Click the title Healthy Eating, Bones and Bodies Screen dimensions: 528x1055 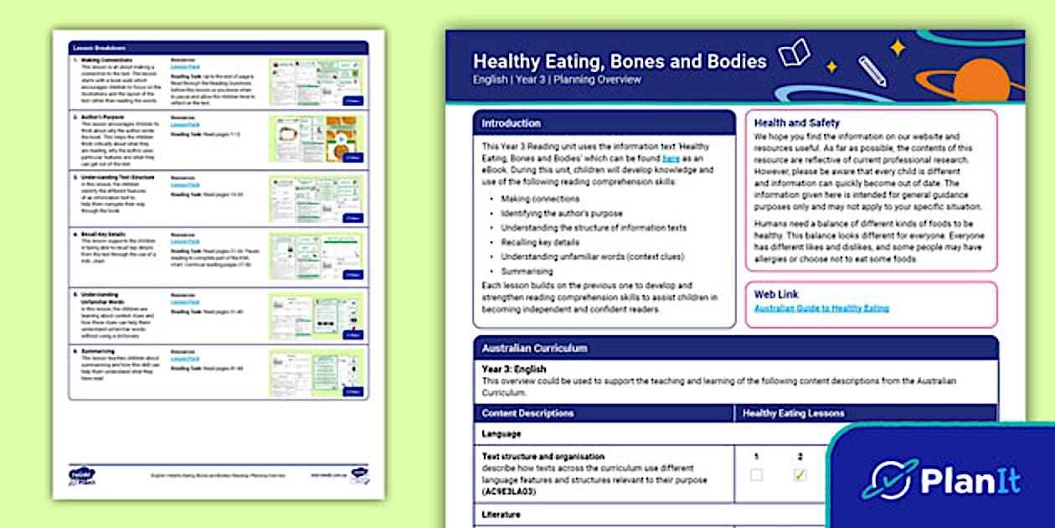click(x=619, y=61)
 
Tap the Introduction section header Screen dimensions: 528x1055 click(x=511, y=123)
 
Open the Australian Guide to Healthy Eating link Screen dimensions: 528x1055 click(x=821, y=308)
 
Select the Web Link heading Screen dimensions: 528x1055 click(x=775, y=294)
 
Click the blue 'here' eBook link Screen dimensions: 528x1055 click(x=670, y=158)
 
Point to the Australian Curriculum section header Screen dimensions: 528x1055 click(x=534, y=348)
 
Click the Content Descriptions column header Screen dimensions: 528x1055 click(x=527, y=413)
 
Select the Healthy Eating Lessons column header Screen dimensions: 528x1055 click(x=793, y=413)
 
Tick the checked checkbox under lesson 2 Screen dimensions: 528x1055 click(x=800, y=475)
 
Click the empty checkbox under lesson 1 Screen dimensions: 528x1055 click(x=756, y=475)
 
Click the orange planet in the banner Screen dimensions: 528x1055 click(x=980, y=81)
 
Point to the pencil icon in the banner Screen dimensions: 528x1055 click(x=872, y=71)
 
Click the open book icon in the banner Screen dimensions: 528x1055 click(x=793, y=53)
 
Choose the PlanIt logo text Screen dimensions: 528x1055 click(x=970, y=481)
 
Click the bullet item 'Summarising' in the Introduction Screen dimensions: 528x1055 click(x=527, y=272)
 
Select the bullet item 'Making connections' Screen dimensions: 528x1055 click(x=540, y=199)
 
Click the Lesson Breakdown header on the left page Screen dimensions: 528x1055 click(x=94, y=49)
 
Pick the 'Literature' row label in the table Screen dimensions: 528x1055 click(x=501, y=514)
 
